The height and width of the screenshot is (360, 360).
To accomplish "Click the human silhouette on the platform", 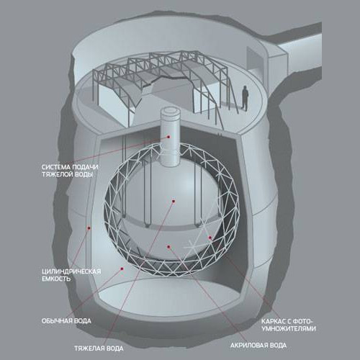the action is [245, 98].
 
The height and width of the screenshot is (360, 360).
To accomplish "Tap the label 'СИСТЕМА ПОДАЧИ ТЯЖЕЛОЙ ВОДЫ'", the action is [70, 171].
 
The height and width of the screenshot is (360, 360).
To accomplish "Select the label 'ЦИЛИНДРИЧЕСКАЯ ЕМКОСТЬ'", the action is [71, 275].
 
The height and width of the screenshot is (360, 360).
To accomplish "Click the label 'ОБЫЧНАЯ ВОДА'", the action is [66, 321].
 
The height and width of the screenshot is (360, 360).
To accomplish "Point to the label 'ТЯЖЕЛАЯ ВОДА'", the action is [99, 348].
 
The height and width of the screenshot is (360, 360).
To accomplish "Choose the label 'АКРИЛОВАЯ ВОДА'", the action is [258, 346].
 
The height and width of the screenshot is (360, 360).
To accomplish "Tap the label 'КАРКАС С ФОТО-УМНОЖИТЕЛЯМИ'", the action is [289, 325].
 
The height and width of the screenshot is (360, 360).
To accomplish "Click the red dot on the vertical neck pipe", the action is [168, 137].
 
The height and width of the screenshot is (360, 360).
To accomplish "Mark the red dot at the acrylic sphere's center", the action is [174, 201].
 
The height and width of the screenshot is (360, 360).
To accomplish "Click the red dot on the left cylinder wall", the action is [89, 228].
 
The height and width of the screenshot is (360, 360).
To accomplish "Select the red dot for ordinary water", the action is [122, 269].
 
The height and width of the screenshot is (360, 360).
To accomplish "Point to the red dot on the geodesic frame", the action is [210, 238].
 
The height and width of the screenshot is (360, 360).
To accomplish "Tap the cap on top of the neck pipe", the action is [171, 114].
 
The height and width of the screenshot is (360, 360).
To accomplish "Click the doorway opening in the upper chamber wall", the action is [253, 60].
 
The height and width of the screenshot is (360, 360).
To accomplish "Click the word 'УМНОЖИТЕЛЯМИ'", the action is [289, 328].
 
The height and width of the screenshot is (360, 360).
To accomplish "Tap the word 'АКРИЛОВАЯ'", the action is [248, 346].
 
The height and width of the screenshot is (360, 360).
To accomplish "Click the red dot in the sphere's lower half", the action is [168, 247].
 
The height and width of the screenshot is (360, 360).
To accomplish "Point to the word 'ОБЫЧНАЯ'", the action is [56, 321].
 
